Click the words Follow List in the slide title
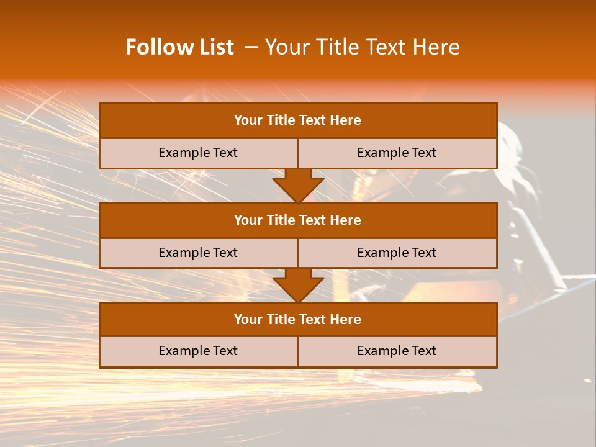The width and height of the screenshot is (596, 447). [179, 47]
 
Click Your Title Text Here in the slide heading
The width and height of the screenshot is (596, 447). [363, 47]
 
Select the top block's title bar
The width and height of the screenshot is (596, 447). [298, 120]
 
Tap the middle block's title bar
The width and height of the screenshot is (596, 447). [298, 220]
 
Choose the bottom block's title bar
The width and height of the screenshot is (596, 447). [298, 319]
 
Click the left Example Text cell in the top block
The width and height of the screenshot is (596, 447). [198, 153]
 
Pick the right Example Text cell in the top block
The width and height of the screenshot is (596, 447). [397, 153]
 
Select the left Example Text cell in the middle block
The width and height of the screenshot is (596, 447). [198, 253]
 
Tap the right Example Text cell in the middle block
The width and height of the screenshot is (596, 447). [397, 253]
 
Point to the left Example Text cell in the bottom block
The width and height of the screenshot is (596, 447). [198, 351]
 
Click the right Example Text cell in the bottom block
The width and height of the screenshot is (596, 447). [397, 351]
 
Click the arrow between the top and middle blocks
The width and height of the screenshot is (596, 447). [298, 185]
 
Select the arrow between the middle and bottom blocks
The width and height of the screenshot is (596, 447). [298, 285]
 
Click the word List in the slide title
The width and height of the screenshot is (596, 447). [215, 47]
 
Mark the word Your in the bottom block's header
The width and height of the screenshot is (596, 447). [248, 319]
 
